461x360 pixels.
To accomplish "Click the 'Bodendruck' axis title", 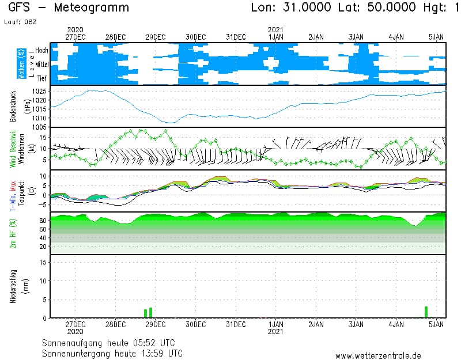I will [13, 105].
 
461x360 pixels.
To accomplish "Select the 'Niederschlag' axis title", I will [13, 286].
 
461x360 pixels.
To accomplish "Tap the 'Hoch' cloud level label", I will [41, 51].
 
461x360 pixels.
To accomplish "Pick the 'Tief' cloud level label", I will [42, 78].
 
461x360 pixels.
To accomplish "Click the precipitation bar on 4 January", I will [426, 312].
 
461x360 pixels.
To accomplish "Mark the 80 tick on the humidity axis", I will [43, 221].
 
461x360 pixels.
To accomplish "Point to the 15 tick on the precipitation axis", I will [44, 262].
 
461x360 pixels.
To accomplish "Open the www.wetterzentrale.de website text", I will [378, 355].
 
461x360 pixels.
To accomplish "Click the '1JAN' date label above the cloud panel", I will [275, 36].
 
